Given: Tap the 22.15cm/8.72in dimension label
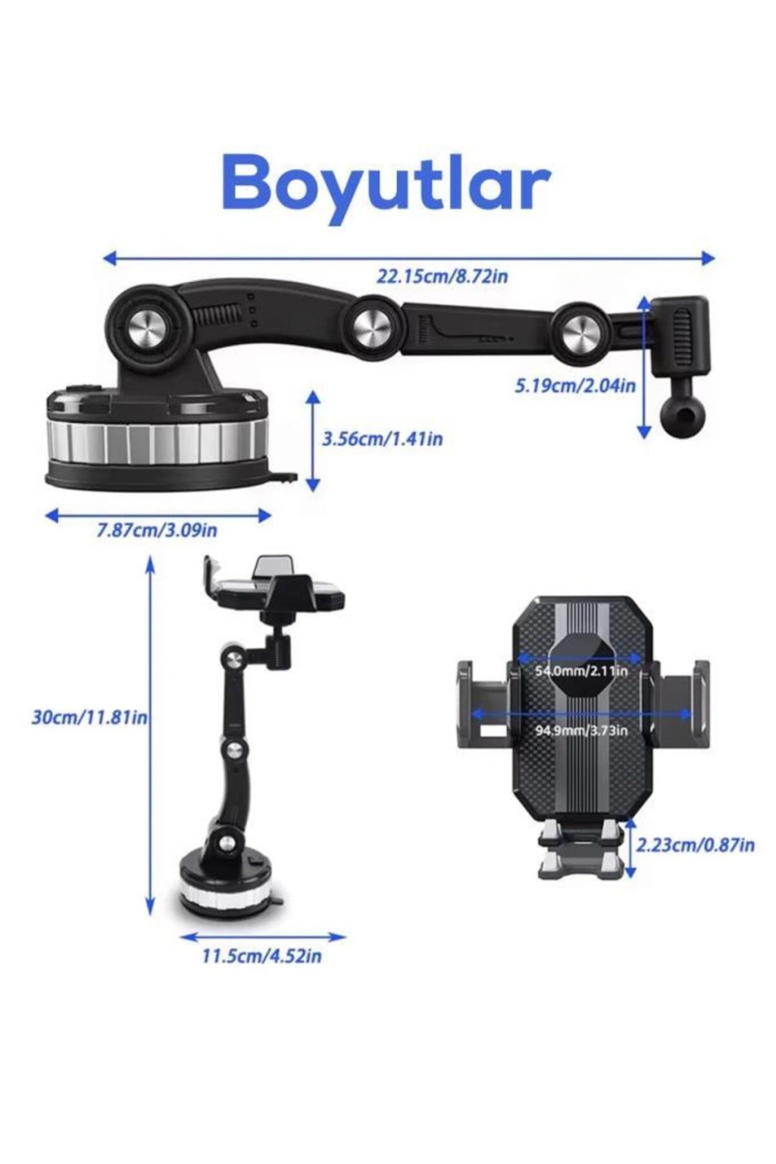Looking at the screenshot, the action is coord(442,276).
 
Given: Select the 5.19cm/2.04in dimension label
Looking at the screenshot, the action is coord(575,386).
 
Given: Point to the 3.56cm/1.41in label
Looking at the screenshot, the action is coord(383,439).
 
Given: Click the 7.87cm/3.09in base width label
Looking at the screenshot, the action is coord(157,530).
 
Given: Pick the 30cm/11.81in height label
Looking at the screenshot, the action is coord(89,718).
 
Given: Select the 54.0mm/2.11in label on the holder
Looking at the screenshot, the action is coord(581,671).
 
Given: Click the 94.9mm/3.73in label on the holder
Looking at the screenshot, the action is coord(581,731).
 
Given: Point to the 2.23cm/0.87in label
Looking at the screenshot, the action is coord(696,846).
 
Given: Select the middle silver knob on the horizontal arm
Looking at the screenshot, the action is coord(372,327).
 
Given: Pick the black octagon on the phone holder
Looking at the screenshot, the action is coord(581,661).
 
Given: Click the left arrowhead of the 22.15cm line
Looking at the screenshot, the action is coord(109,258).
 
